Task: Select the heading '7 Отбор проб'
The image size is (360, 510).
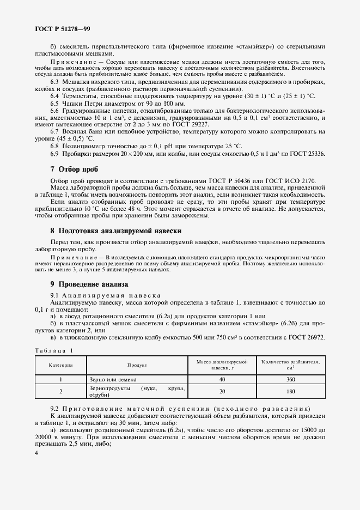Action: (74, 169)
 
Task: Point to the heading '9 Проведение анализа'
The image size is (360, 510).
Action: (89, 284)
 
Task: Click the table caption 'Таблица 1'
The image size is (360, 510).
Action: (54, 350)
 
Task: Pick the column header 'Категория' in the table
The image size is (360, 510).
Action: (61, 365)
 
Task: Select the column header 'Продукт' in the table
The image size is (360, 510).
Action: (138, 365)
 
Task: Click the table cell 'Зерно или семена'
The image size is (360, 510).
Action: (113, 379)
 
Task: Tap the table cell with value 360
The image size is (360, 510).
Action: (290, 379)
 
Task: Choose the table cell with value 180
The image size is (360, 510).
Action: (290, 391)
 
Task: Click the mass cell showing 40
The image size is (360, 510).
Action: (222, 379)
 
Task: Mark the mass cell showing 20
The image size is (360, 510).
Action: (222, 391)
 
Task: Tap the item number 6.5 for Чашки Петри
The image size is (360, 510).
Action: (54, 103)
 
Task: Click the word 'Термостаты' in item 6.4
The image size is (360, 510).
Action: (78, 96)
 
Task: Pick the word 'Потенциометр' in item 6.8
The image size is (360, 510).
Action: (83, 147)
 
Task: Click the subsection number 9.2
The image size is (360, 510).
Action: (54, 409)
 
